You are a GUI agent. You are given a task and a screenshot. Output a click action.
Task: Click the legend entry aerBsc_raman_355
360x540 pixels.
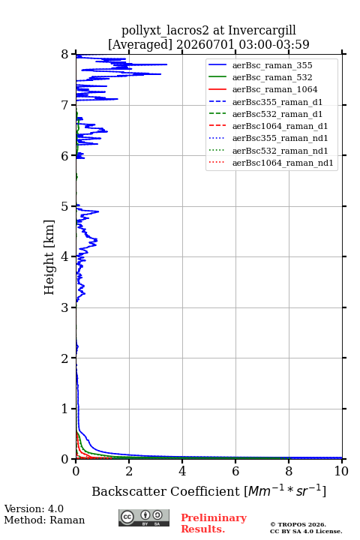coord(272,65)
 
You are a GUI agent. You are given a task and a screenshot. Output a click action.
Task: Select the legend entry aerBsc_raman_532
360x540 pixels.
coord(272,77)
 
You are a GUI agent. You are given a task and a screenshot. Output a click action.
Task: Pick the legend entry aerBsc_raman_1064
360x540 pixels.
coord(274,89)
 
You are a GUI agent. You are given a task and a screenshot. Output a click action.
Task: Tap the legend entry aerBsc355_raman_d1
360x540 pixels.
coord(277,102)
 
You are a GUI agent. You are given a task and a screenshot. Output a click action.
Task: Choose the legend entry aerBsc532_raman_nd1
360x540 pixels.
coord(280,151)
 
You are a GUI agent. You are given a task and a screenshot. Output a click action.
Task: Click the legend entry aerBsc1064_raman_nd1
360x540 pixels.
coord(283,163)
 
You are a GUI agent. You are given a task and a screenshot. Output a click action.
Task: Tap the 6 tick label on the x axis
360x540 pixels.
coord(235,471)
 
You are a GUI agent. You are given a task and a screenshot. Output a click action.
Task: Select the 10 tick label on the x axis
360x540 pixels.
coord(342,471)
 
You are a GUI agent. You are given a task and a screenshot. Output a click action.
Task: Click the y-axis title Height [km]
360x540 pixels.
coord(49,257)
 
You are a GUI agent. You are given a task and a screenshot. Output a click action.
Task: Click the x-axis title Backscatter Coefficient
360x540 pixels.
coord(166,491)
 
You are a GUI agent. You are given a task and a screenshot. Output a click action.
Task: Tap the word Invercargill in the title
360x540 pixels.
coord(262,30)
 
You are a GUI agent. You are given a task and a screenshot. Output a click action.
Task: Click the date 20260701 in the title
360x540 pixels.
coord(205,44)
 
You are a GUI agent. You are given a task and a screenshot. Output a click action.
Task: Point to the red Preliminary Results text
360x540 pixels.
coord(214,523)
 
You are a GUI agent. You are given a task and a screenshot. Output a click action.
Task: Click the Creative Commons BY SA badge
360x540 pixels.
coord(144,518)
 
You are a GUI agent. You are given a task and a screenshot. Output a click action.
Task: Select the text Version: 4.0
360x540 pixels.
coord(34,508)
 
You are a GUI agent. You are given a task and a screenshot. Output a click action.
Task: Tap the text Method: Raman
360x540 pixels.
coord(44,520)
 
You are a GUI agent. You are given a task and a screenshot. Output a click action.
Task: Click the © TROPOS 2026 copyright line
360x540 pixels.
coord(298,524)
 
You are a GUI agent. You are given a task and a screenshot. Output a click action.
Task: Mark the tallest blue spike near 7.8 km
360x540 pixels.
coord(166,64)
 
